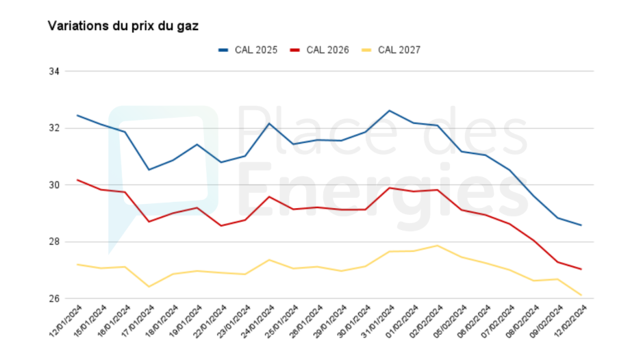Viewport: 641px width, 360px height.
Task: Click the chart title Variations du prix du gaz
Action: click(123, 26)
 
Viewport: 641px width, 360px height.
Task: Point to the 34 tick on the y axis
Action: click(55, 71)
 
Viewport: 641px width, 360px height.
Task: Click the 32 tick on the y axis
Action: click(55, 128)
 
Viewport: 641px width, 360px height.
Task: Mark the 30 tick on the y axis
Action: click(55, 185)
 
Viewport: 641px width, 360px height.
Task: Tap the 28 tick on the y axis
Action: click(55, 242)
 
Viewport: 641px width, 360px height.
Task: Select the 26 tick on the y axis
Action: click(55, 298)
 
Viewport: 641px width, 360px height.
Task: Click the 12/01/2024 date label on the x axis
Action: click(65, 320)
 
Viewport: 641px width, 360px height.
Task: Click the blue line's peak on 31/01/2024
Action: click(390, 110)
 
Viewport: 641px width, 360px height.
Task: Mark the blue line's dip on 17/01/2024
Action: click(149, 170)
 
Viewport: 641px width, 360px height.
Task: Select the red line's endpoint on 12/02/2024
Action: click(581, 269)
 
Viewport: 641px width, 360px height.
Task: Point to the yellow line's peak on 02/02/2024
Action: click(437, 245)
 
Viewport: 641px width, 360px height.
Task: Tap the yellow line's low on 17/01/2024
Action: click(149, 287)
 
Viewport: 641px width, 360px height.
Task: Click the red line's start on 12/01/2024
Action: click(77, 179)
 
